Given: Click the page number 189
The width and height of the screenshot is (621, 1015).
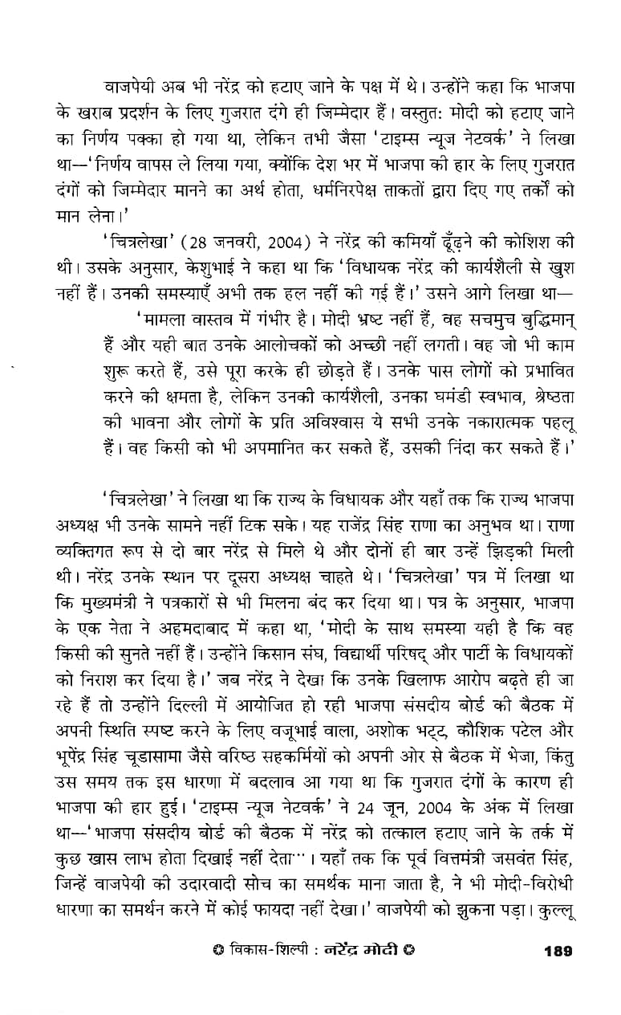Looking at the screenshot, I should pos(558,952).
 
